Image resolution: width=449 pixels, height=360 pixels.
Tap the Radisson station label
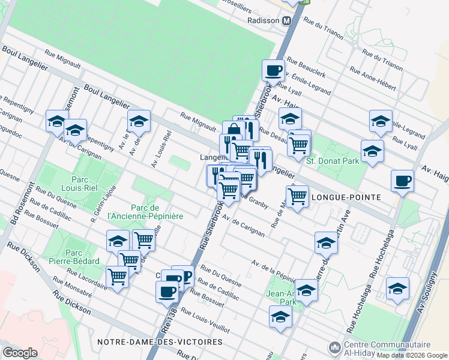[x=264, y=20]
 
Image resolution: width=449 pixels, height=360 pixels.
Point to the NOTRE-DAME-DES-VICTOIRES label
[x=160, y=342]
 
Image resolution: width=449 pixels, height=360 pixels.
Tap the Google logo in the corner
[x=20, y=353]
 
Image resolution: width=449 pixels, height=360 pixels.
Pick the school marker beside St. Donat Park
[x=372, y=151]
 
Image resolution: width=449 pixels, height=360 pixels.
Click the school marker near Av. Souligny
[x=397, y=289]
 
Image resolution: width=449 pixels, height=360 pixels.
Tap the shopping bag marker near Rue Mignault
[x=234, y=131]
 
